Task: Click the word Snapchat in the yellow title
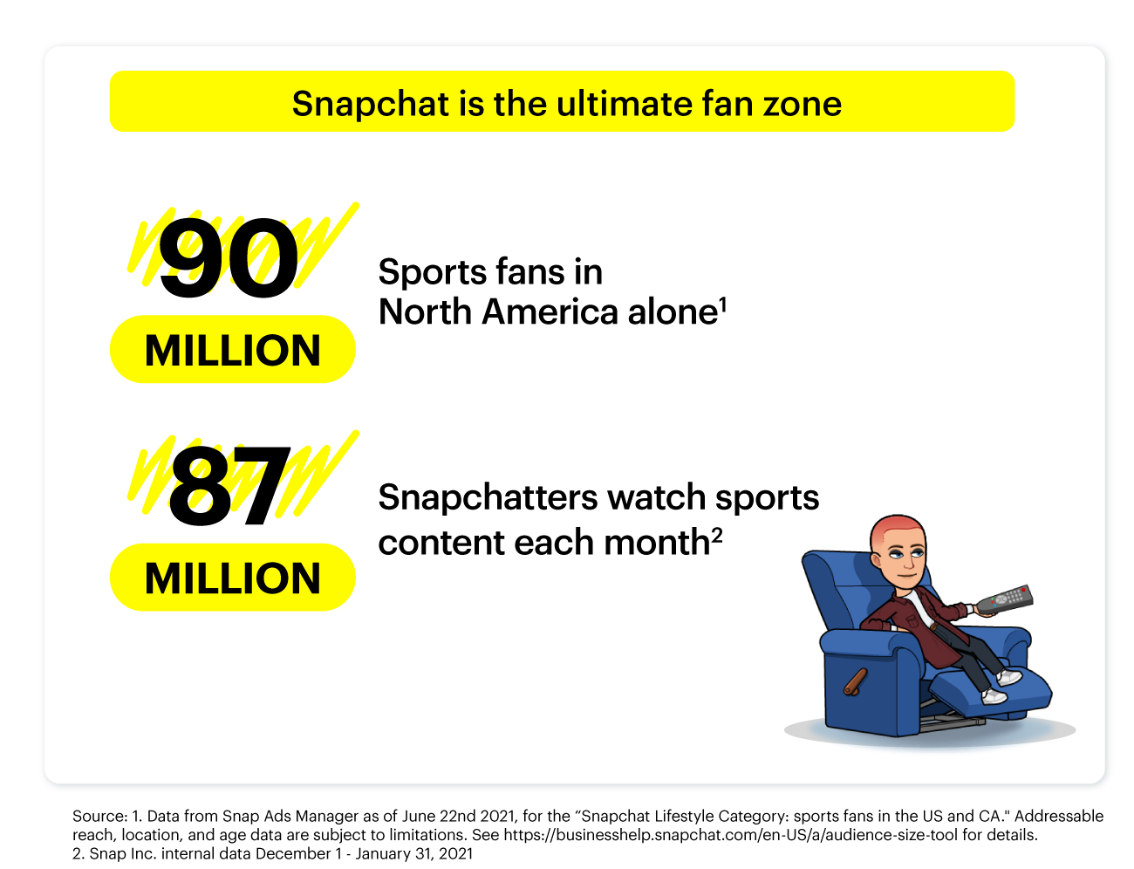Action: (x=371, y=104)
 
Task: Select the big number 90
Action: (x=228, y=258)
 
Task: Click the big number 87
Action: (x=229, y=485)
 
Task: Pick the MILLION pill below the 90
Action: (x=233, y=349)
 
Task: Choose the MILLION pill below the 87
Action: (x=233, y=578)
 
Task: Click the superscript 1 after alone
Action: (x=723, y=304)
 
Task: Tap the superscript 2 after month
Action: (x=716, y=535)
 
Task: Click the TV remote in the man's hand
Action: (x=1004, y=599)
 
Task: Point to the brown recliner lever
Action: (x=855, y=681)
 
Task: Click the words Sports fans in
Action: (x=490, y=272)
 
